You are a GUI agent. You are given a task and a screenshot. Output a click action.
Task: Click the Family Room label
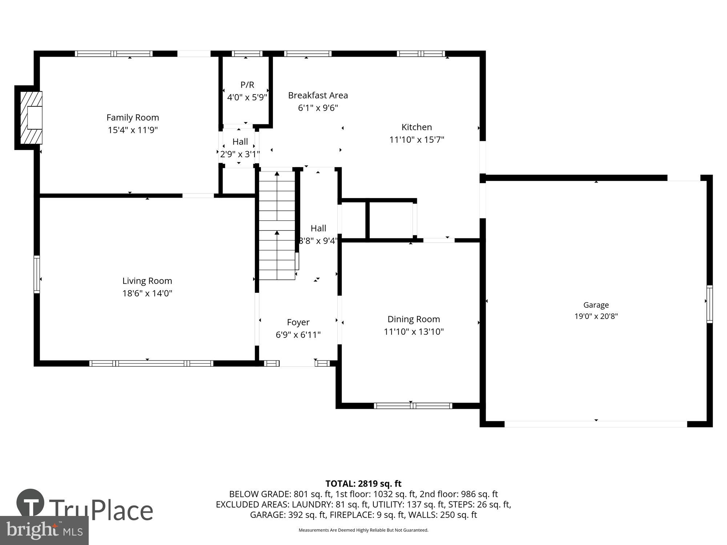(133, 117)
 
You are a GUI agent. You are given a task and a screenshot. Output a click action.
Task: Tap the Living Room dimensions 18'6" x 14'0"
(147, 293)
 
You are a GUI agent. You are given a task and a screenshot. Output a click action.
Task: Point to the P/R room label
(247, 85)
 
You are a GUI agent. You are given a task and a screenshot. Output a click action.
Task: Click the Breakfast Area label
(318, 95)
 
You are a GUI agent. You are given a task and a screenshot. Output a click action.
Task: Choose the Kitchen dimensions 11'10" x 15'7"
(417, 140)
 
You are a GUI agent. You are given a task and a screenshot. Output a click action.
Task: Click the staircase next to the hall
(277, 225)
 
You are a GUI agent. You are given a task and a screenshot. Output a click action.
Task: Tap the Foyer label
(298, 322)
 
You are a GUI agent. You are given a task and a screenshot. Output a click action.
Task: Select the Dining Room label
(414, 319)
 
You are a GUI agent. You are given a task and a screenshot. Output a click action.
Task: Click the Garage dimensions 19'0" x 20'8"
(596, 316)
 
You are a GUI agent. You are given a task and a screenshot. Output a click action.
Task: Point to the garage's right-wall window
(709, 304)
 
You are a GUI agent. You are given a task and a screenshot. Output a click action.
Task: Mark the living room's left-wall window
(37, 274)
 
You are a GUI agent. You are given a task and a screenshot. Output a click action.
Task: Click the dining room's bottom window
(413, 406)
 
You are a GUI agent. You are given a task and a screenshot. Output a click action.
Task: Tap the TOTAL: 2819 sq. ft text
(363, 484)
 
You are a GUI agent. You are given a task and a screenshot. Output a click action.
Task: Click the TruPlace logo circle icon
(31, 503)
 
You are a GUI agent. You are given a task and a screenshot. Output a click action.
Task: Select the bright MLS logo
(44, 530)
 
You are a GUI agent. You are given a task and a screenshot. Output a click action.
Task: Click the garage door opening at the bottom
(596, 424)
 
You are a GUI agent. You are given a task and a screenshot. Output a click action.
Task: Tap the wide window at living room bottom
(151, 363)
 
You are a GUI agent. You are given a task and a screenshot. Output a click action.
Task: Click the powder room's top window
(247, 54)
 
